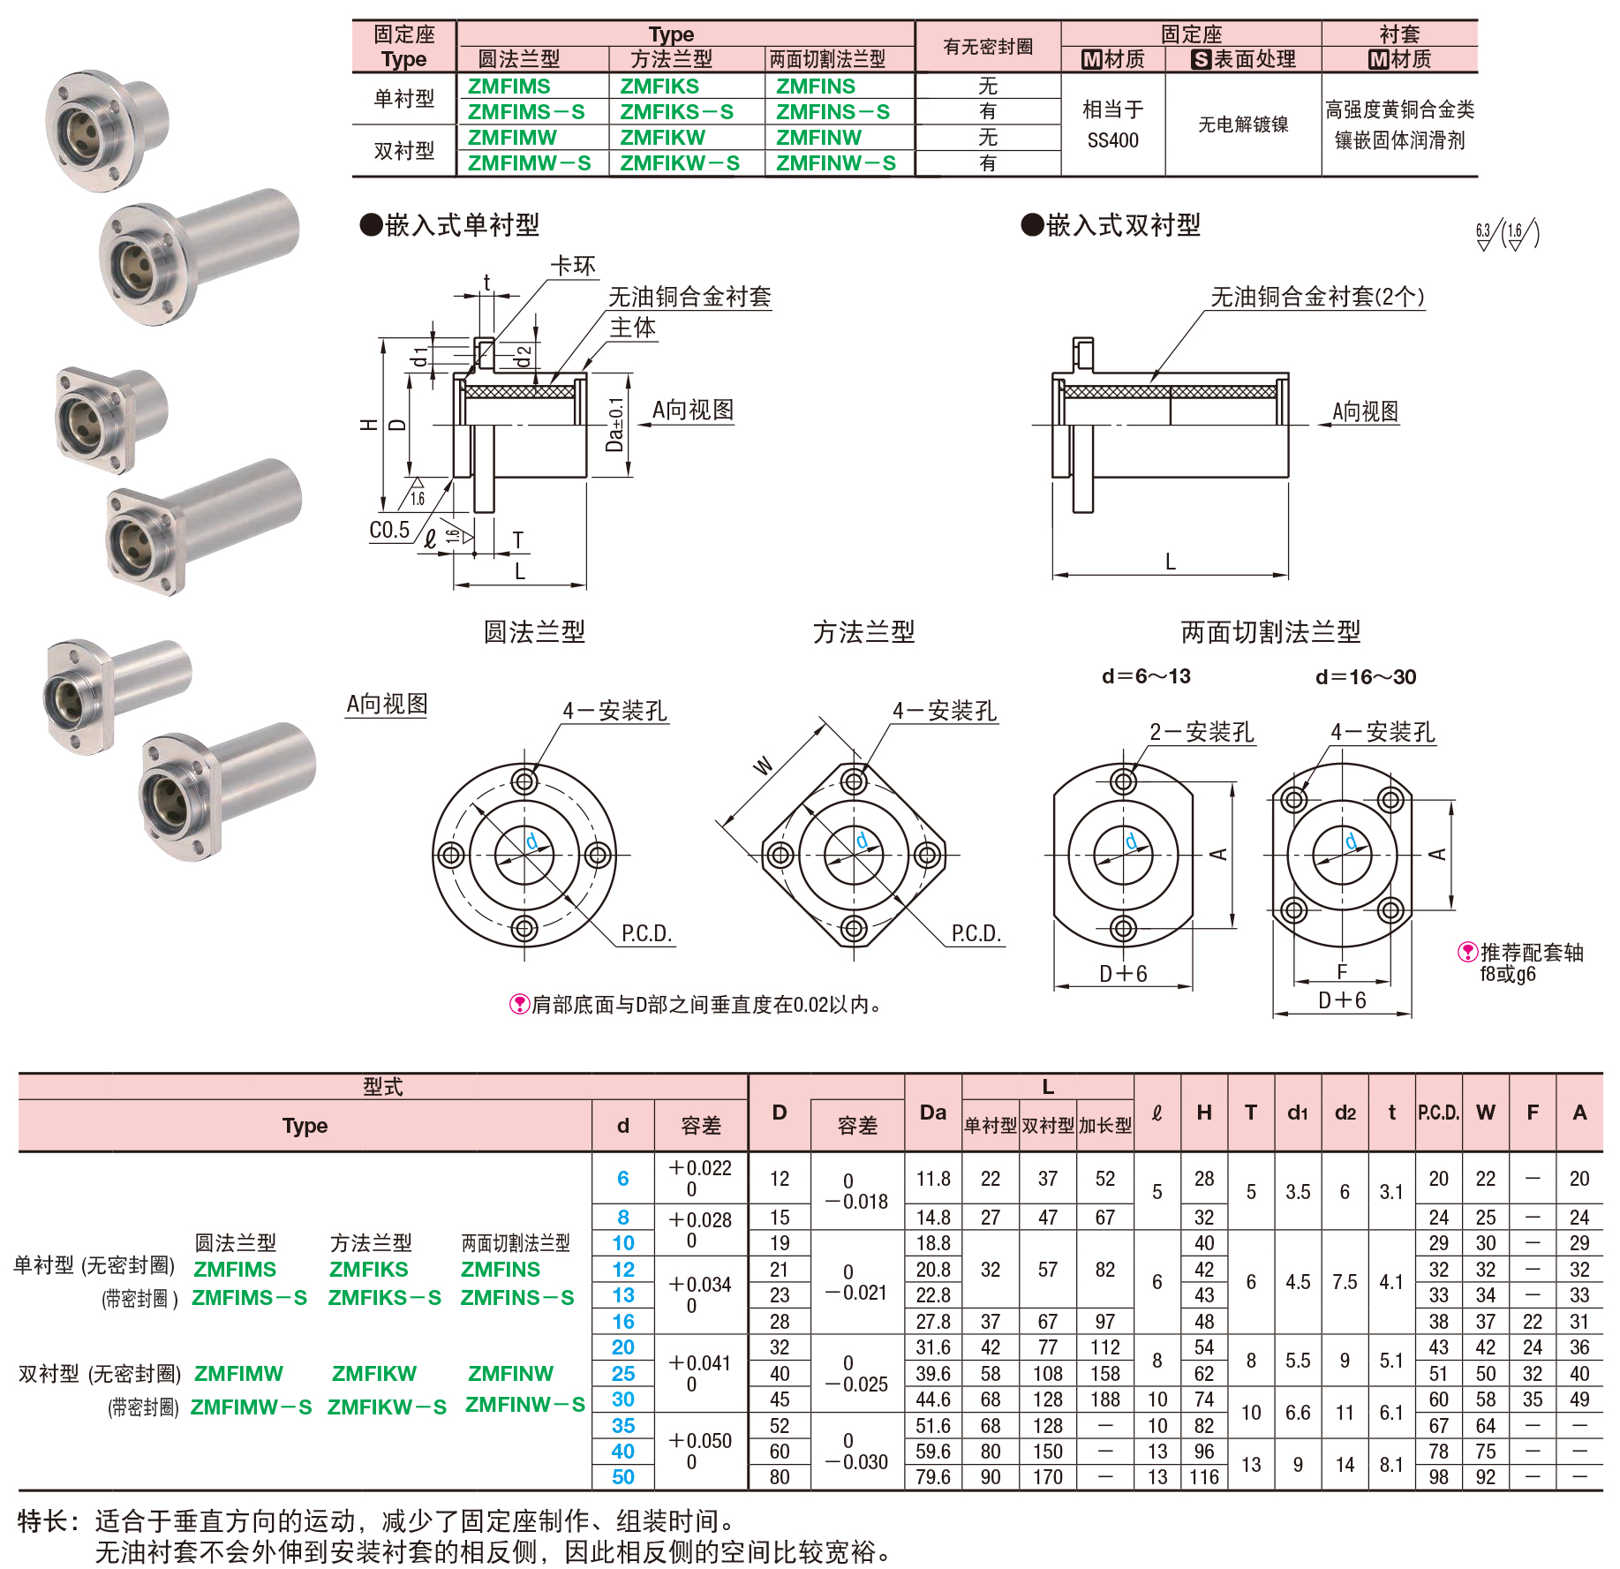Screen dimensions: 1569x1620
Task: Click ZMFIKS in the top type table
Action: (659, 87)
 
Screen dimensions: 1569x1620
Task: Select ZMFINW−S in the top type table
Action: (835, 163)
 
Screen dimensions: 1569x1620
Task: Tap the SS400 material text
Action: (1112, 140)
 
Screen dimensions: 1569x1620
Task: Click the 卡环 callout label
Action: (573, 266)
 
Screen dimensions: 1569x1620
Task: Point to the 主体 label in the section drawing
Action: (633, 328)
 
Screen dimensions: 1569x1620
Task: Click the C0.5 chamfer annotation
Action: (389, 530)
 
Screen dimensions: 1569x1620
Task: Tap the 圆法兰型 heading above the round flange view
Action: (534, 631)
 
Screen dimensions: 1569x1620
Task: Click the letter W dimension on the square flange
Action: (763, 765)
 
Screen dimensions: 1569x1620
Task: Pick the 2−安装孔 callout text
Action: (1201, 732)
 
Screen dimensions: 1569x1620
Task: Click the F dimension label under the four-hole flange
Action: (1342, 972)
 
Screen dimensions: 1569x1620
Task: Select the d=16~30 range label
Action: (1365, 677)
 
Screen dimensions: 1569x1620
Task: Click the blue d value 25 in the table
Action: (622, 1374)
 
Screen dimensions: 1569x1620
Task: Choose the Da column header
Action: (932, 1113)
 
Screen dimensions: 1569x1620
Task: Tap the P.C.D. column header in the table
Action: (1438, 1113)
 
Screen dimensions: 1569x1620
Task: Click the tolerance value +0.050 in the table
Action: (700, 1441)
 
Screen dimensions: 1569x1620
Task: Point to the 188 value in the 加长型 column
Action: (1104, 1399)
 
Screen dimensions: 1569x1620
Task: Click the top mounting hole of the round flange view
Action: (524, 781)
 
